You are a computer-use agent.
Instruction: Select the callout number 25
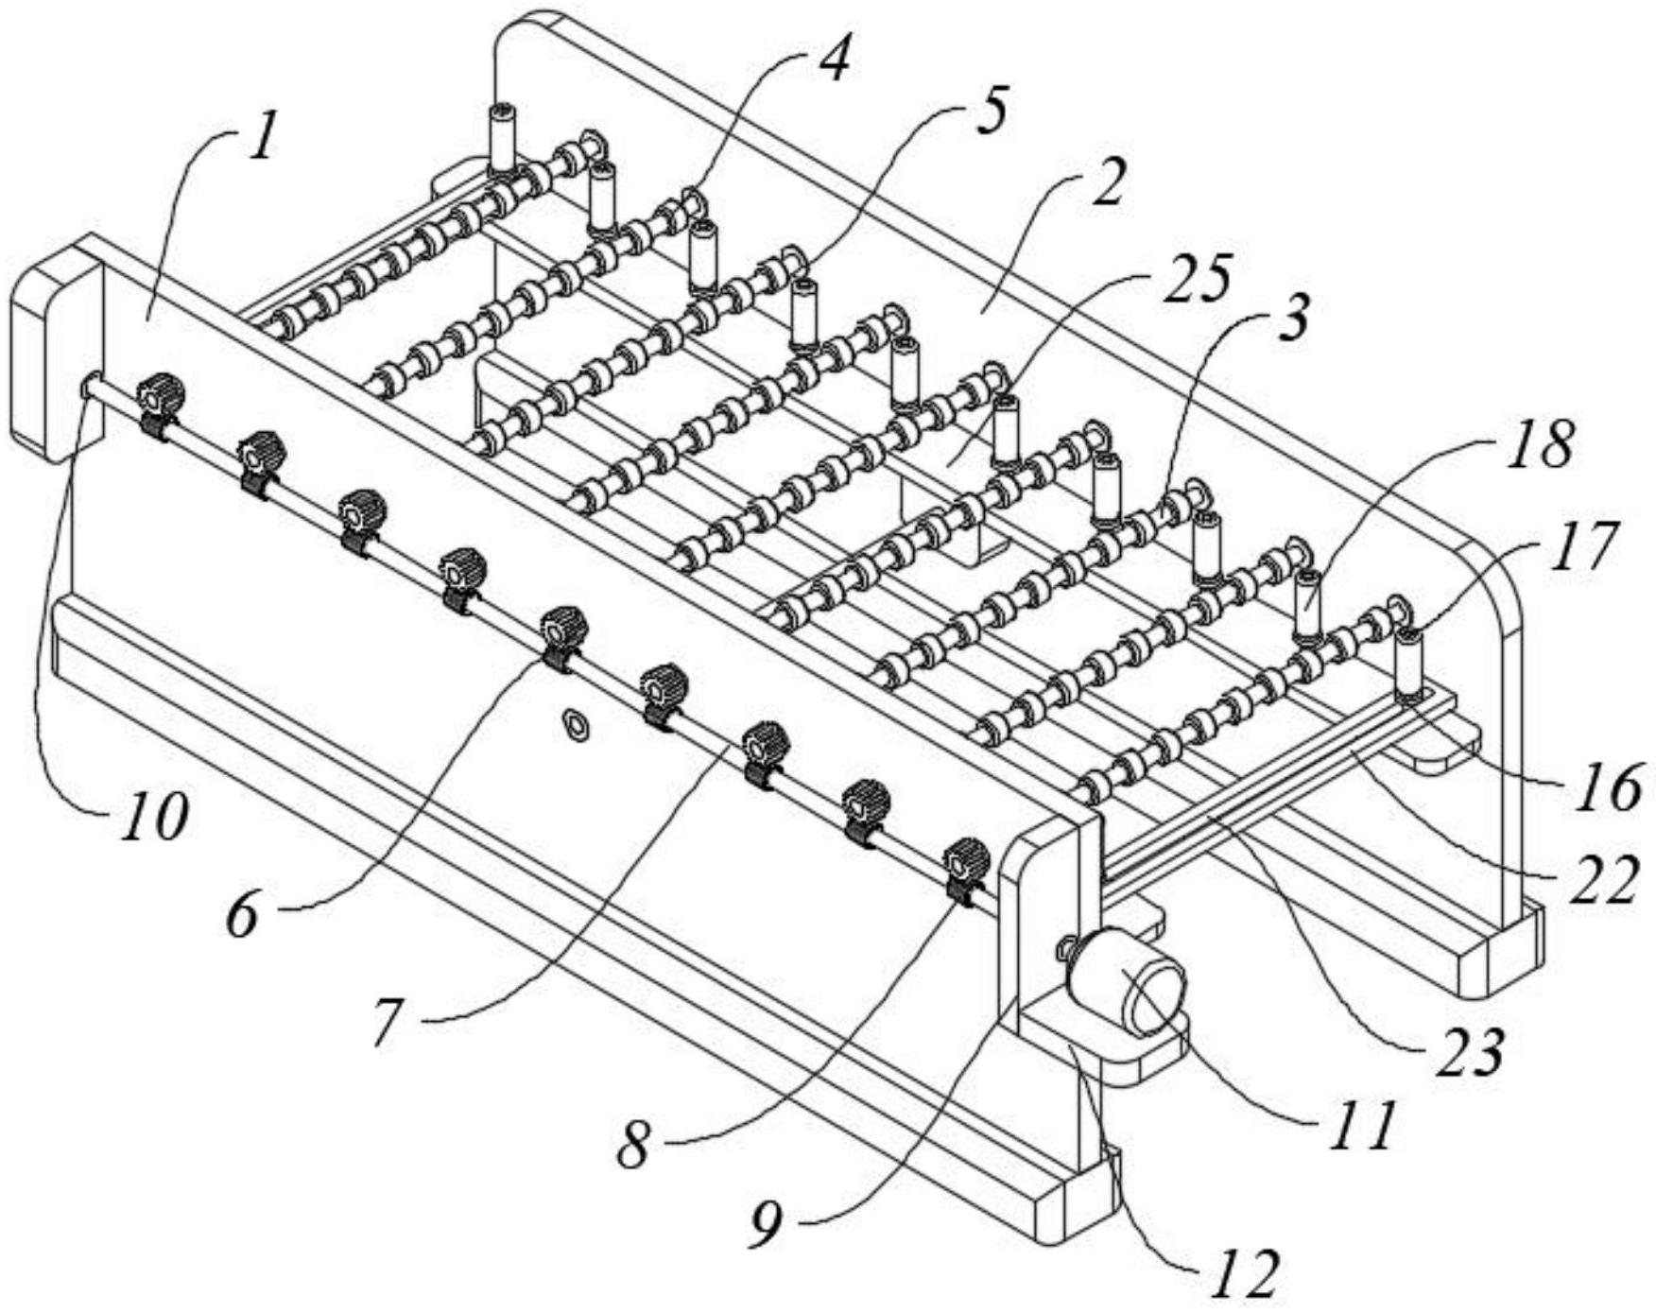[x=1195, y=280]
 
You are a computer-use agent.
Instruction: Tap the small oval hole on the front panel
[x=574, y=723]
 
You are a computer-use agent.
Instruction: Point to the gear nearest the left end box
[x=159, y=394]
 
